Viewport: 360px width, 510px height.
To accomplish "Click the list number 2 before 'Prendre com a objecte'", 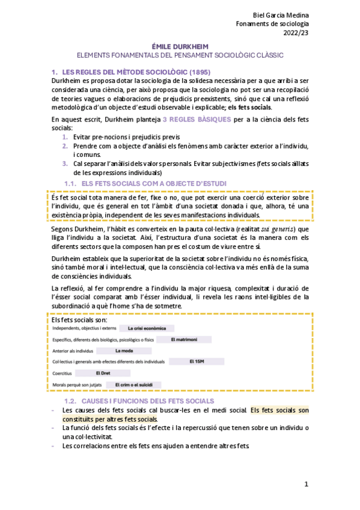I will [66, 146].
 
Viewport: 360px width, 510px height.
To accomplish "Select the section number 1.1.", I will [71, 183].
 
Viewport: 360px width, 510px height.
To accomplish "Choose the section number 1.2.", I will [71, 401].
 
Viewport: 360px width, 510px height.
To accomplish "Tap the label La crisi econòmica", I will [147, 328].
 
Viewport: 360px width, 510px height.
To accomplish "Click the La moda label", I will [124, 351].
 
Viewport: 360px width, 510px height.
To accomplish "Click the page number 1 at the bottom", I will [306, 484].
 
